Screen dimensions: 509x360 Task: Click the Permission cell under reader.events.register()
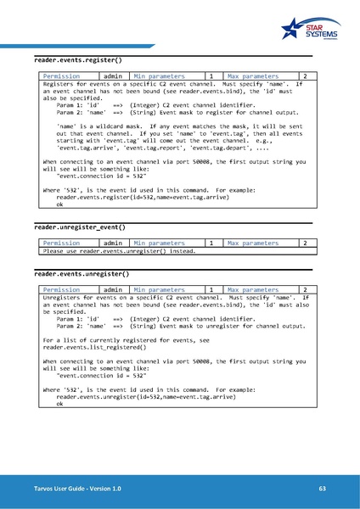tap(61, 76)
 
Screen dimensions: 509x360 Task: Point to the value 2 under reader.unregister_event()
tap(304, 243)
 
